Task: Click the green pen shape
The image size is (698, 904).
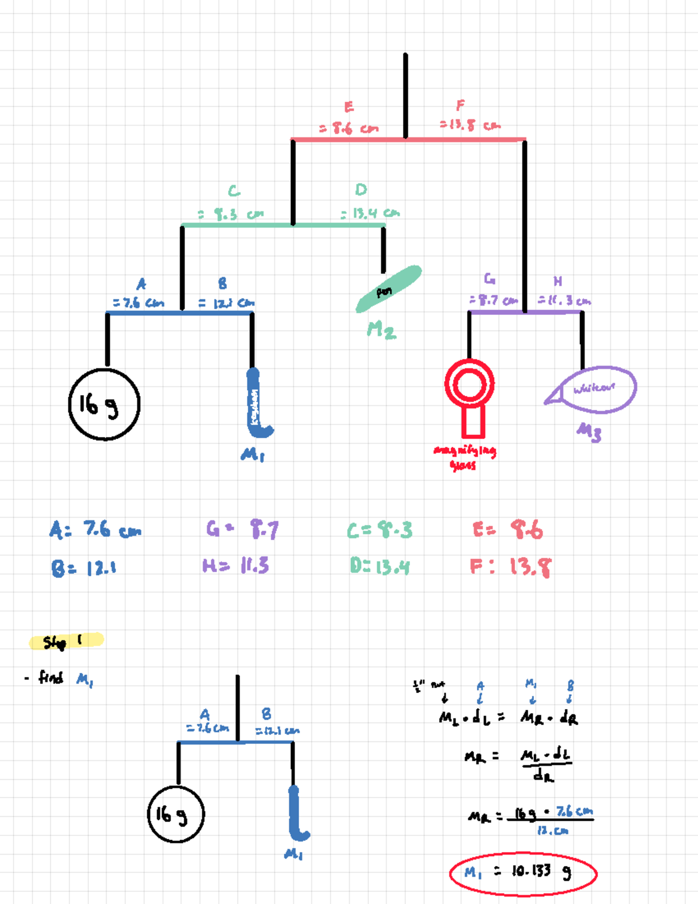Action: coord(388,289)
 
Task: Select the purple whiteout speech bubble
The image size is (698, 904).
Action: coord(593,389)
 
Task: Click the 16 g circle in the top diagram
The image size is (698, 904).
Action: coord(105,405)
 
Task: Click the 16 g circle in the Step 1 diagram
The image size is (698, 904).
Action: coord(176,814)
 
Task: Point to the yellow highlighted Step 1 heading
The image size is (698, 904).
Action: coord(66,641)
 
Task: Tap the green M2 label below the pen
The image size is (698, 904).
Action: coord(381,331)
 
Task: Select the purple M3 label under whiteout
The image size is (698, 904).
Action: coord(589,431)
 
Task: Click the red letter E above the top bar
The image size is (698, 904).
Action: coord(349,107)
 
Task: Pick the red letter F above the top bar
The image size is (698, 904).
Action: coord(460,105)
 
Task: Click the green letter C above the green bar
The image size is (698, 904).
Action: coord(234,191)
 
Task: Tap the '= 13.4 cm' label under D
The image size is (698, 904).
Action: coord(371,213)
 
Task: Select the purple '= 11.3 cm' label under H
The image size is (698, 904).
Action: coord(564,300)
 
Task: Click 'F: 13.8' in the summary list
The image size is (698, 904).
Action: coord(511,566)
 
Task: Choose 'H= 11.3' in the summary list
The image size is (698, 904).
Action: coord(236,565)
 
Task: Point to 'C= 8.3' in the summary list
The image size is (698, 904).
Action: coord(379,530)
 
